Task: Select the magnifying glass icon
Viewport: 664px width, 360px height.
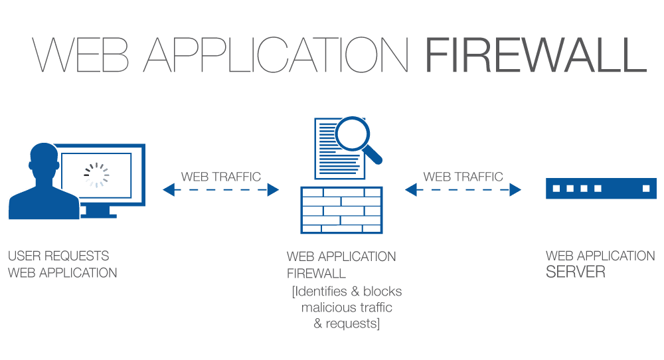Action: pos(353,134)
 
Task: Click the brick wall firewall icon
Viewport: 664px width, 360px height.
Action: pos(341,209)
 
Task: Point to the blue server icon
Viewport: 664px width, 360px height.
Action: pos(600,188)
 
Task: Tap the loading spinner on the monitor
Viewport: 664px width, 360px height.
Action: pos(96,174)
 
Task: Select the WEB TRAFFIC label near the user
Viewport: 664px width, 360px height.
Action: pos(221,177)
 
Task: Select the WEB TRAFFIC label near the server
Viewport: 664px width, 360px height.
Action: pos(463,177)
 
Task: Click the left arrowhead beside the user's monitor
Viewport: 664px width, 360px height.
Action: pos(168,190)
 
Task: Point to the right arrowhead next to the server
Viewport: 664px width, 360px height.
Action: pos(515,190)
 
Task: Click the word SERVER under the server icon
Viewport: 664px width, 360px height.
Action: pos(575,272)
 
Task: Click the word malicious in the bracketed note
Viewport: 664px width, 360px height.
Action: pos(326,308)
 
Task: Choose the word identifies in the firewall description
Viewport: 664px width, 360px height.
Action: pos(323,292)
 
